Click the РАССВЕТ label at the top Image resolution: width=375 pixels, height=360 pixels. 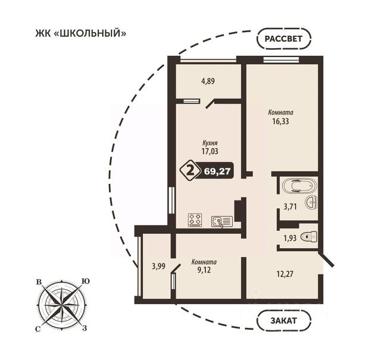click(284, 39)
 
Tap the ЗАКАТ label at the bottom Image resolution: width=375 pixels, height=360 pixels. click(284, 321)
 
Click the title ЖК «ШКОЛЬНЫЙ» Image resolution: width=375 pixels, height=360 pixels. click(81, 33)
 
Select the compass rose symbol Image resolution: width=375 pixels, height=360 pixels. click(62, 305)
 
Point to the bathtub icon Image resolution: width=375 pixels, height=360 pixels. click(299, 186)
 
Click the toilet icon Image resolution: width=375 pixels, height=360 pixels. click(309, 237)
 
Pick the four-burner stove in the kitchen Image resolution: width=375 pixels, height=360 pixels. click(195, 220)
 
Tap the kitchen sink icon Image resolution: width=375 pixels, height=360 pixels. click(221, 221)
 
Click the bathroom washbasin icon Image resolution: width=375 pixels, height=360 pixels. click(311, 203)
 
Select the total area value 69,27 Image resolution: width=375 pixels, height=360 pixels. click(217, 171)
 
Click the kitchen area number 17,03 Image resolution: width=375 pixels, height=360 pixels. click(210, 151)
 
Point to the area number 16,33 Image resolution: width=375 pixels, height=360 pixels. click(280, 121)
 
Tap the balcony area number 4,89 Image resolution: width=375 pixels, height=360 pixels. click(208, 81)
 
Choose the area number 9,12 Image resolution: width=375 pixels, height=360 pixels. click(204, 270)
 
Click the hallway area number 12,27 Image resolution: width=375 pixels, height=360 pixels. click(285, 274)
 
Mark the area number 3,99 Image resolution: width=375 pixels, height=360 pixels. click(158, 266)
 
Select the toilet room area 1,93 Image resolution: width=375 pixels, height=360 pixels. click(290, 238)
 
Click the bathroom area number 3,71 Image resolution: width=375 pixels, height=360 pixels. click(290, 206)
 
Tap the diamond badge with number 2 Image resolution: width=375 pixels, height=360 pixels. click(190, 170)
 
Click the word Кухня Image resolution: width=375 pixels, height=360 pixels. click(210, 143)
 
